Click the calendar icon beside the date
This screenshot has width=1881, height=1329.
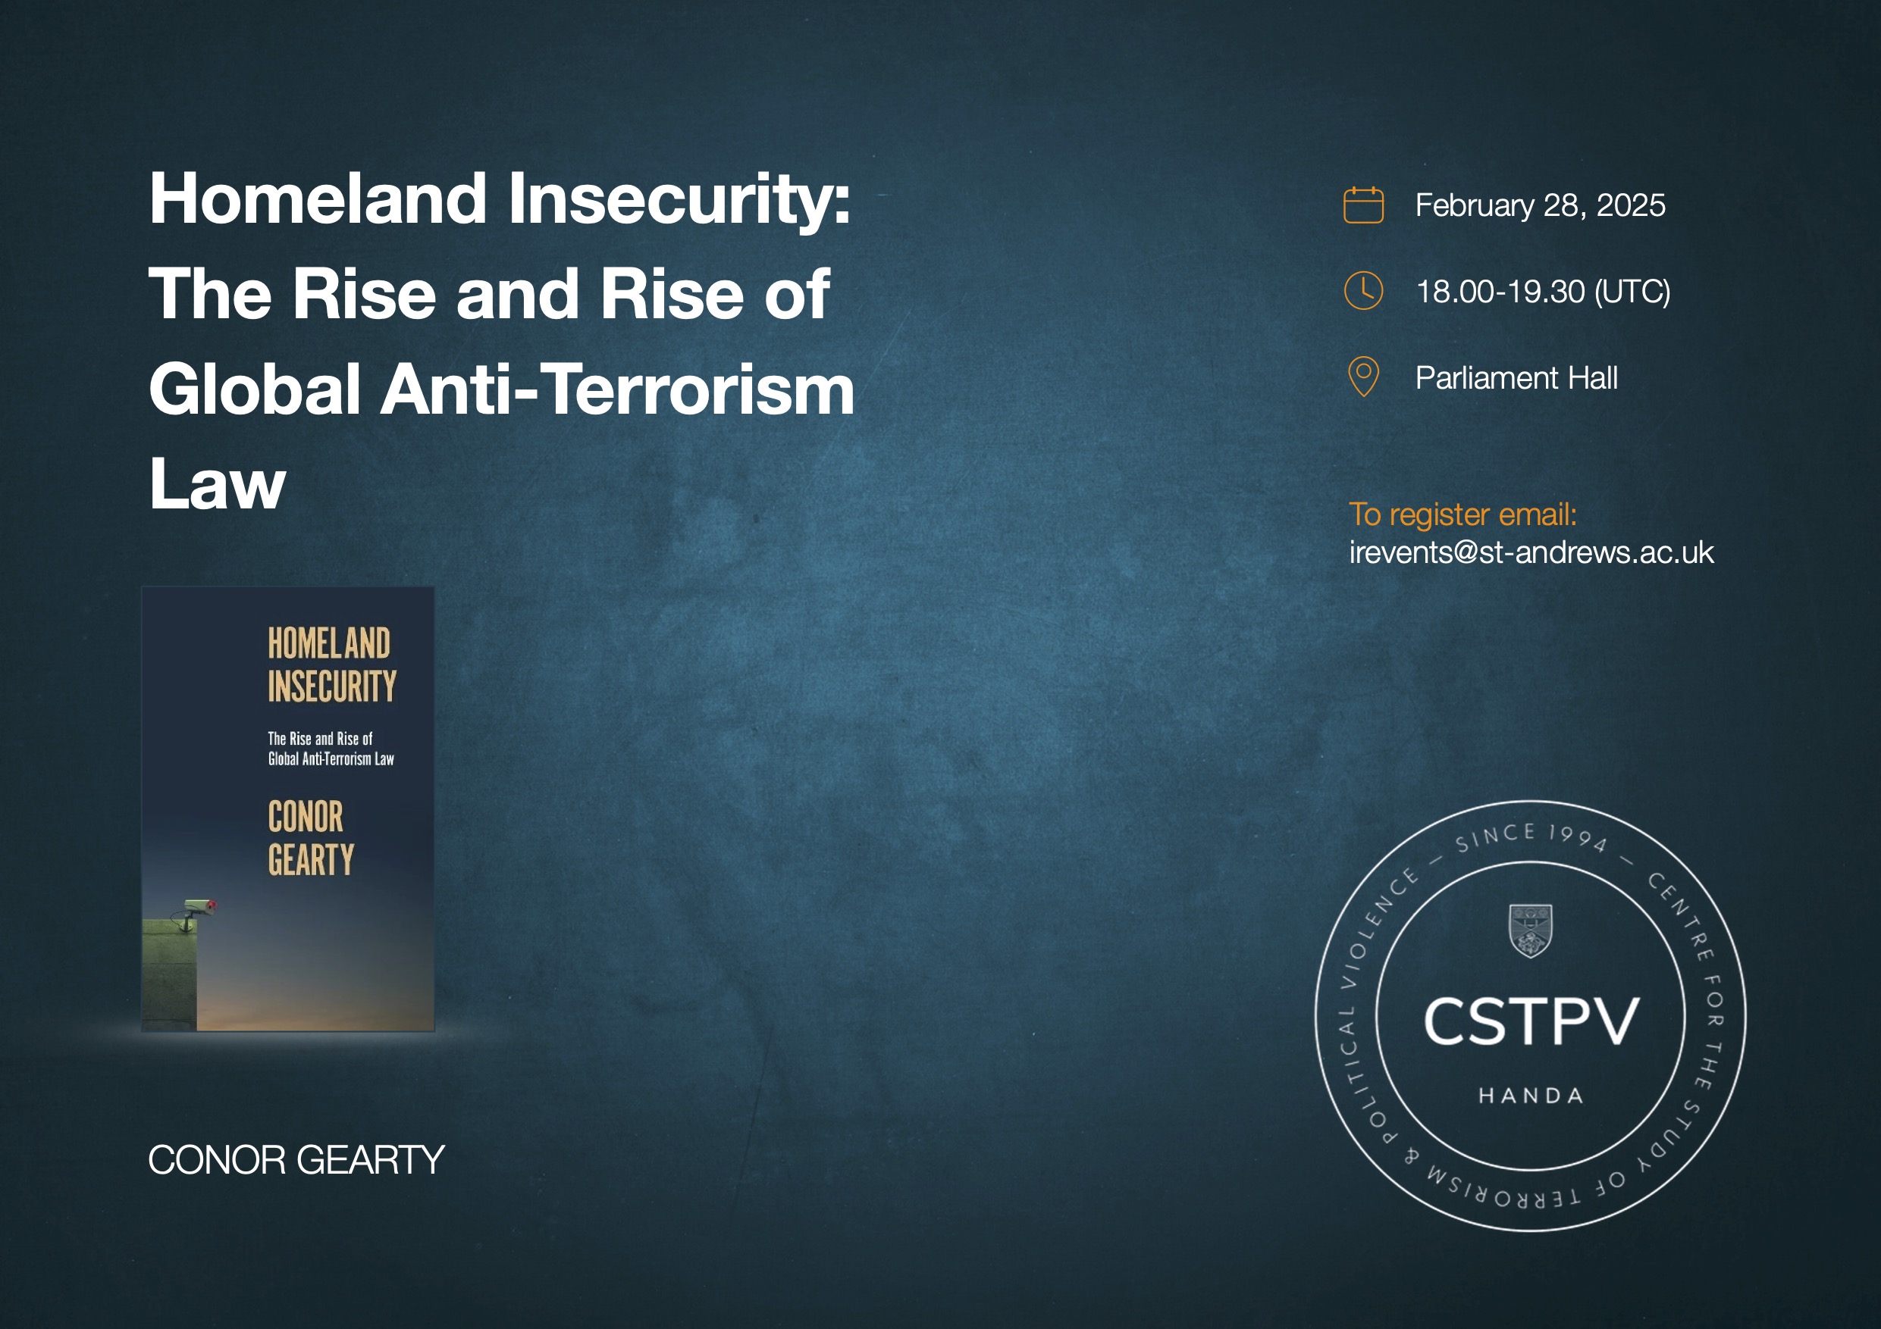[1363, 205]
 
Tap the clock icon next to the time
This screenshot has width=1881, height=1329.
[1363, 291]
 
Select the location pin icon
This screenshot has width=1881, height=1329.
[1363, 377]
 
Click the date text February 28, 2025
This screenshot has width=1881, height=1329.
[1540, 205]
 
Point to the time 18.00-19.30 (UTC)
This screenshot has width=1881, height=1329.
[1543, 292]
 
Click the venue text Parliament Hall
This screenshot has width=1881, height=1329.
[1516, 377]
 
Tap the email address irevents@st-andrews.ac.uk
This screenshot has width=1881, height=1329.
[1531, 552]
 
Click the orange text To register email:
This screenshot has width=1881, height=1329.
[1462, 515]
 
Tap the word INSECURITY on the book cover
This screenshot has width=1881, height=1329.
[332, 686]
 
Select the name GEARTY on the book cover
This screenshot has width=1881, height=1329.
[311, 860]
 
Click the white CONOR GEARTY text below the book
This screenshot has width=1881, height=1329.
[296, 1159]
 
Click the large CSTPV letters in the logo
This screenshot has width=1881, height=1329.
[1531, 1022]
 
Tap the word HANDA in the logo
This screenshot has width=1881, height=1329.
[1531, 1096]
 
